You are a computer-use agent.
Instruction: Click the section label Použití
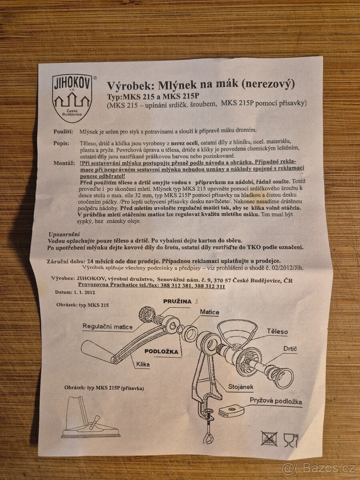pyautogui.click(x=63, y=131)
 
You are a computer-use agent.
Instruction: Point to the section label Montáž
pyautogui.click(x=63, y=163)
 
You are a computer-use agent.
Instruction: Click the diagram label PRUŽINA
pyautogui.click(x=177, y=301)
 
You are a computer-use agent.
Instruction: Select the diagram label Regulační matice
pyautogui.click(x=107, y=326)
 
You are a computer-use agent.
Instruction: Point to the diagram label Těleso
pyautogui.click(x=277, y=332)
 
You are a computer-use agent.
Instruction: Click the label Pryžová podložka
pyautogui.click(x=276, y=401)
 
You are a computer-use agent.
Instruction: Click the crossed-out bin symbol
pyautogui.click(x=269, y=438)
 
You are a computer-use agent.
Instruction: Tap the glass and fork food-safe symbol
pyautogui.click(x=291, y=439)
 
